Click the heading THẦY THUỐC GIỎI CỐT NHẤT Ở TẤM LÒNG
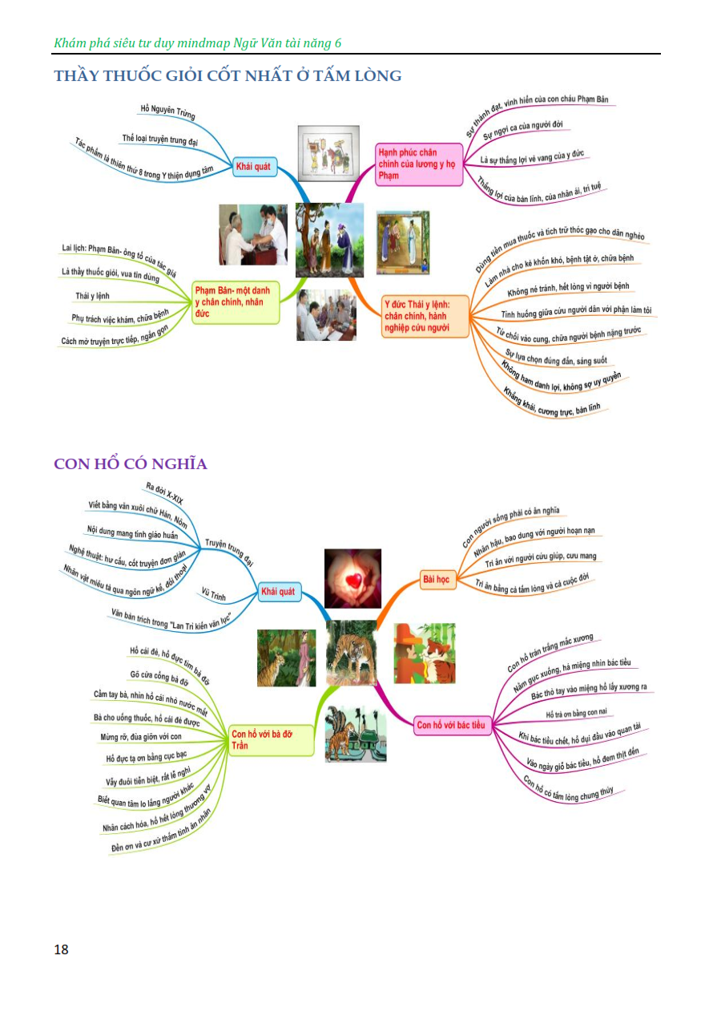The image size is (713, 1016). point(228,76)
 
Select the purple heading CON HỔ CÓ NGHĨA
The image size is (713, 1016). point(131,464)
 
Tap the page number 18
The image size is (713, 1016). point(61,950)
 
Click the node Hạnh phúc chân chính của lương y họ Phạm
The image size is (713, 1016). point(419,164)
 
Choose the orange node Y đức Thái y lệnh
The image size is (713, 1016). point(425,316)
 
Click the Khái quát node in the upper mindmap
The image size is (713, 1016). point(252,168)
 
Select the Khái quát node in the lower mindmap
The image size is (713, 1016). point(277,592)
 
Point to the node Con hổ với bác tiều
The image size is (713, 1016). point(451,726)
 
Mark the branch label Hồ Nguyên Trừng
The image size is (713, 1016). point(167,111)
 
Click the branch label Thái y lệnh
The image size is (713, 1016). point(93,296)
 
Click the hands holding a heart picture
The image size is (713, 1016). point(352,578)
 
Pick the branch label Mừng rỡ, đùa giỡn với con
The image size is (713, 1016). point(142,736)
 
